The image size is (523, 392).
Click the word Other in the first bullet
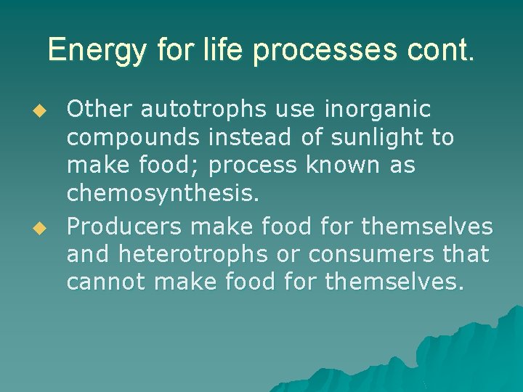pos(99,110)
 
